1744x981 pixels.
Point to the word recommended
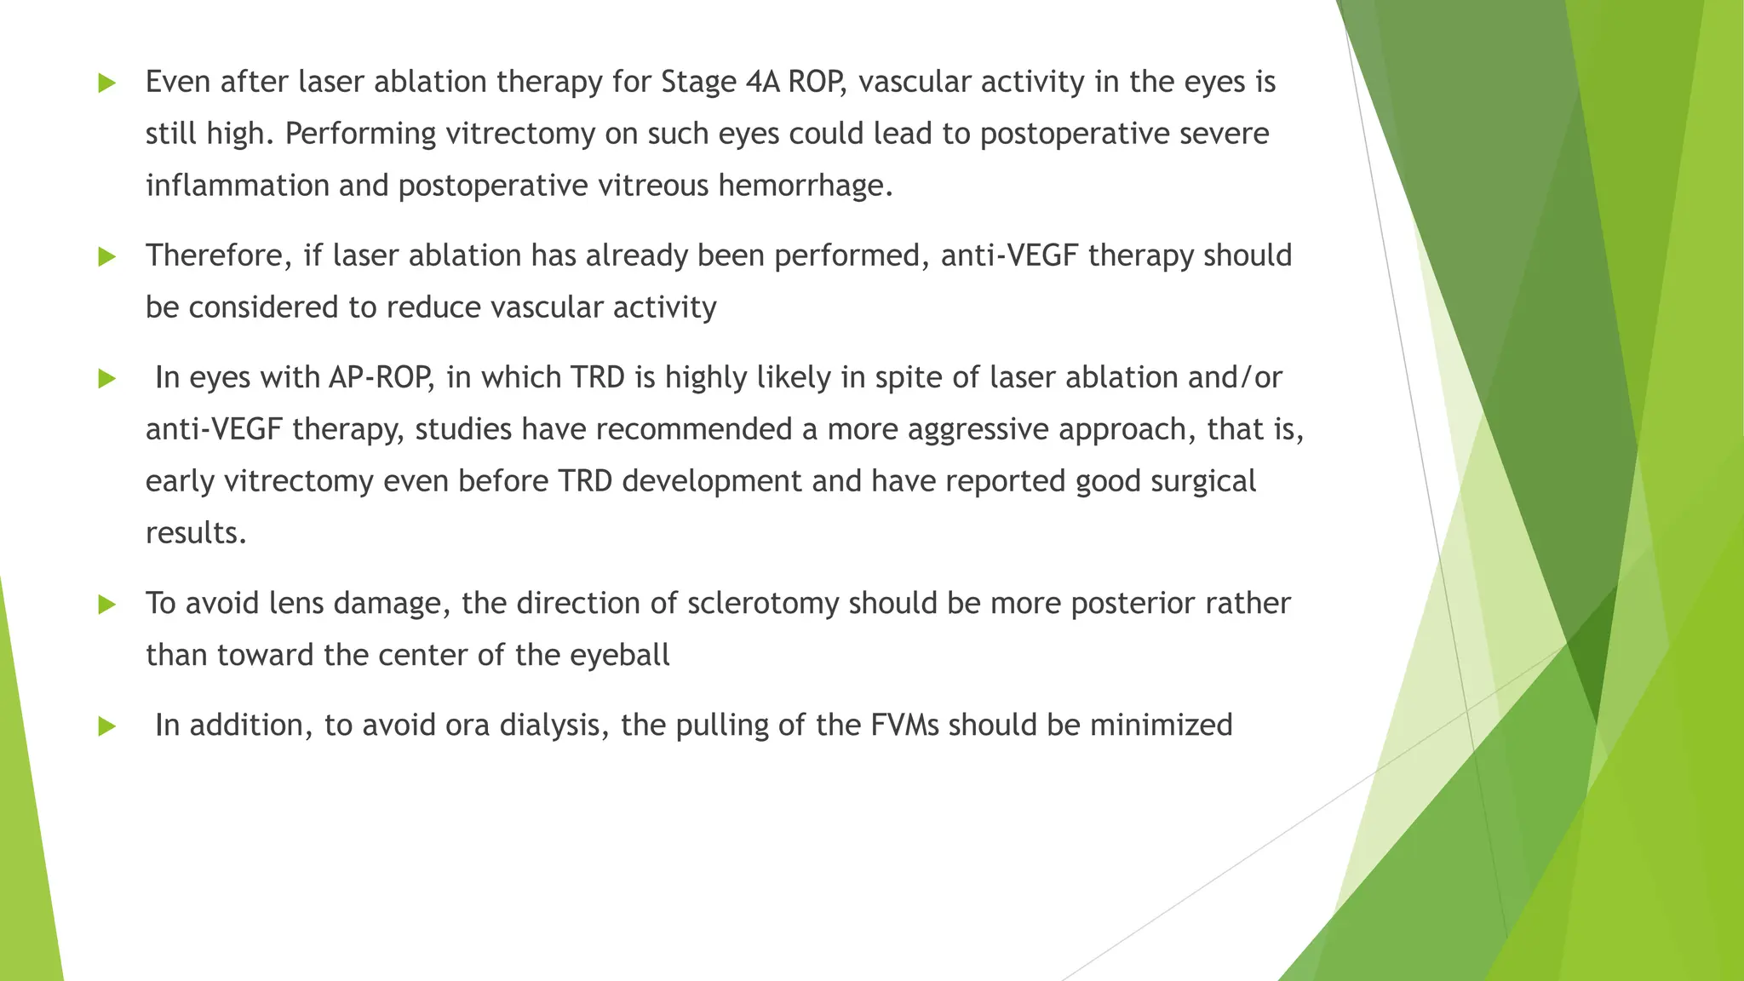point(694,430)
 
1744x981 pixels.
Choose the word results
point(196,534)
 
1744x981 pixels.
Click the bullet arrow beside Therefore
point(106,256)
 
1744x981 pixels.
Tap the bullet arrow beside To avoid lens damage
point(106,605)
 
